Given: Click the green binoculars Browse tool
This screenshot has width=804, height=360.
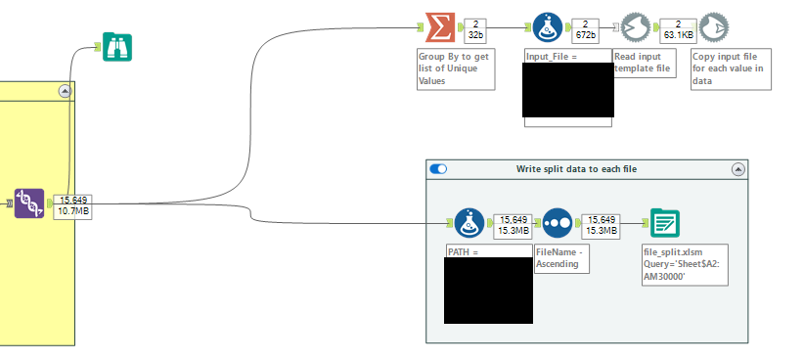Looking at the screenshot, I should [x=117, y=47].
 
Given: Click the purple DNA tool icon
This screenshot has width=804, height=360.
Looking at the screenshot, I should [x=30, y=203].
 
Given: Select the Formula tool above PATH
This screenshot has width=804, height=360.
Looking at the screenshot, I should [x=471, y=223].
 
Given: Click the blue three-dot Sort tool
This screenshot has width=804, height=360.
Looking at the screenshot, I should [x=558, y=223].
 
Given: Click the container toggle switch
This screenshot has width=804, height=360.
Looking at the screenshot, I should [x=438, y=168].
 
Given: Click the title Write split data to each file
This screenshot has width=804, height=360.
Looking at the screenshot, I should [x=576, y=168].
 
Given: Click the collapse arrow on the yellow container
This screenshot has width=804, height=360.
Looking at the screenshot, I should [x=65, y=91].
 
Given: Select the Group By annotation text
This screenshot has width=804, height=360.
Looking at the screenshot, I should [x=453, y=68].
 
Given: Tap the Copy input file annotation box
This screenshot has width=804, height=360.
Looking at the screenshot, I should [x=728, y=68].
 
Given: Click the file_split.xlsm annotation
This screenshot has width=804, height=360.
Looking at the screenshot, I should [x=684, y=264].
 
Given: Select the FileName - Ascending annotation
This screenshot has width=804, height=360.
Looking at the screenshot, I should [x=561, y=257].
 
